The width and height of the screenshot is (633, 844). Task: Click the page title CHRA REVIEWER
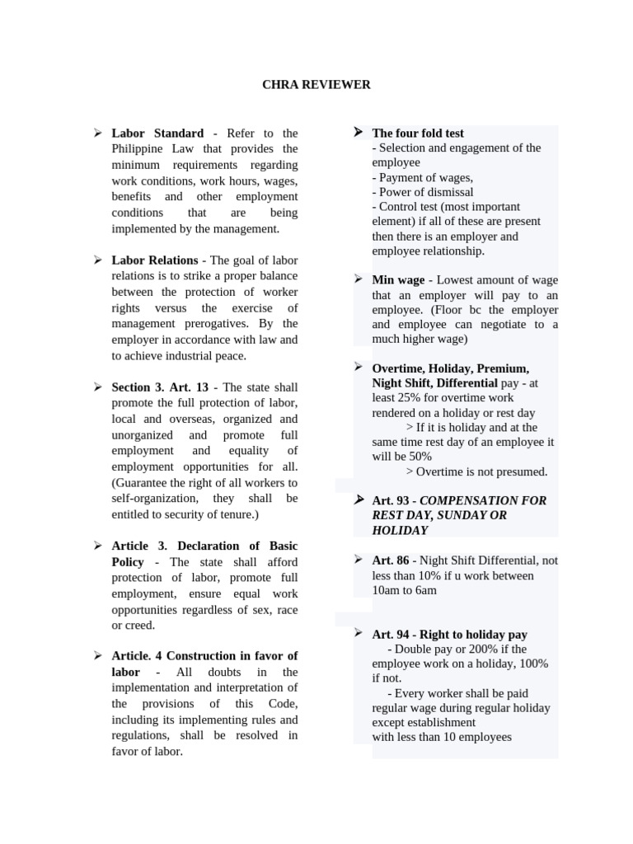coord(316,85)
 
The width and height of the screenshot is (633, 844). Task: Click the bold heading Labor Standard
coord(157,133)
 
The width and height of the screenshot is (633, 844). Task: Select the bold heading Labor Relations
coord(155,260)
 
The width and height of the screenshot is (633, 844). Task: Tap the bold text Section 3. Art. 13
coord(161,387)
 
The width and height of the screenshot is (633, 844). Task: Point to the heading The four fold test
coord(418,133)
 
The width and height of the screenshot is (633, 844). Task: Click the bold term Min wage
coord(398,280)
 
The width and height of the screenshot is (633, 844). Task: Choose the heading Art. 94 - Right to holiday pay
coord(449,635)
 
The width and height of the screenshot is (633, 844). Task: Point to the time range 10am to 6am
coord(404,590)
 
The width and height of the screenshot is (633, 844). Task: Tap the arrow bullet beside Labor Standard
coord(96,133)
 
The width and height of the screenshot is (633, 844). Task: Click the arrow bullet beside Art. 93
coord(359,500)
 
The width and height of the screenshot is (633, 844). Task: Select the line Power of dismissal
coord(422,192)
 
